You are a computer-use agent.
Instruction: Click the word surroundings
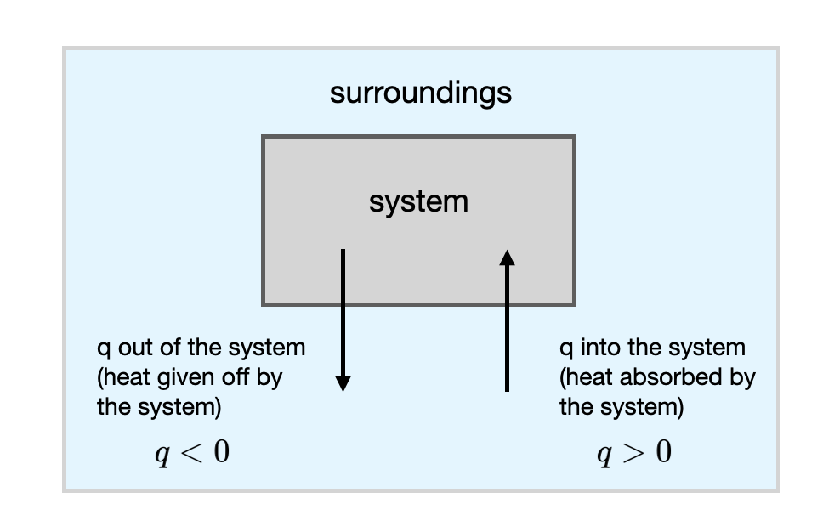tap(420, 93)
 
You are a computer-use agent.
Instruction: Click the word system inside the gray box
tap(418, 202)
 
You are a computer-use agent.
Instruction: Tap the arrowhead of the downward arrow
tap(343, 383)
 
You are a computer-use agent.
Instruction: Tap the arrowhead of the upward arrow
tap(508, 257)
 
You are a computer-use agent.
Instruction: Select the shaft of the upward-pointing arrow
tap(508, 331)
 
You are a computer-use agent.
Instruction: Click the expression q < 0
tap(191, 452)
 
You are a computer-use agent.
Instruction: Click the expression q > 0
tap(633, 452)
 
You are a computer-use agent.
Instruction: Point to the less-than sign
tap(191, 452)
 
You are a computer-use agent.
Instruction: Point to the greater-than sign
tap(633, 452)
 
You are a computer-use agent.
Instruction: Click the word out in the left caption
tap(133, 348)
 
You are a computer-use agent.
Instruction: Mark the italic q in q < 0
tap(162, 455)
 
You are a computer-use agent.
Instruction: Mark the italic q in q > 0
tap(604, 455)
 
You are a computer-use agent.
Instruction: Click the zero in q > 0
tap(663, 451)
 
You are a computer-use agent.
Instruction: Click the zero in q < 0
tap(221, 451)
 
